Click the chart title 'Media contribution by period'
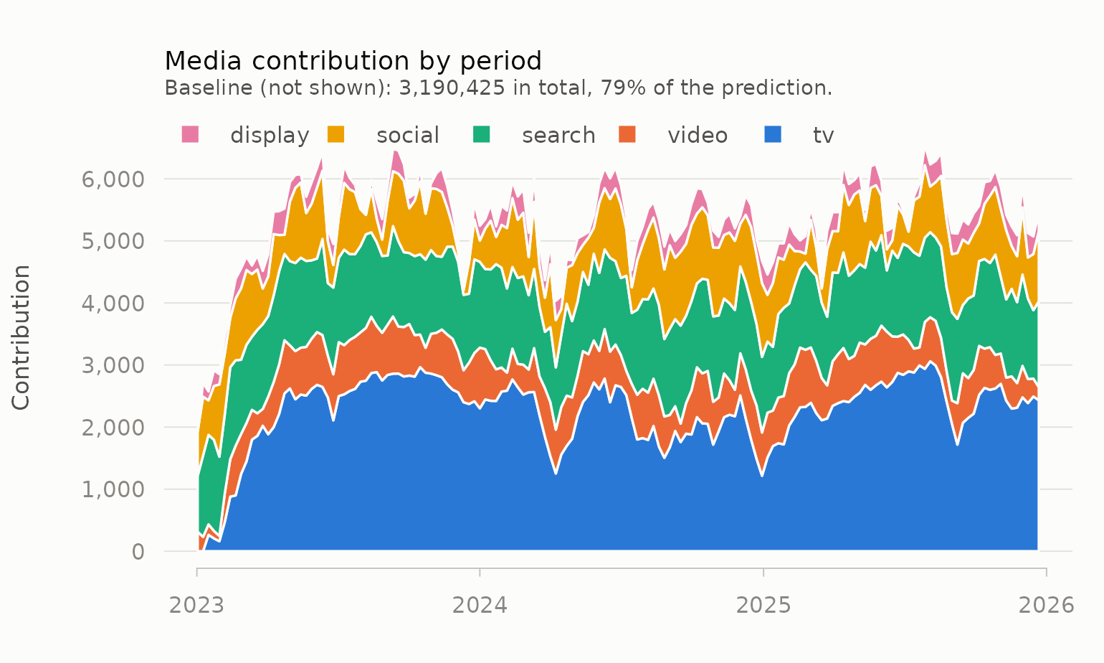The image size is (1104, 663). pos(353,62)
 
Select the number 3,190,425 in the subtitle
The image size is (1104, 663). pos(452,88)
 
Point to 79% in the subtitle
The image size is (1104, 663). pos(621,88)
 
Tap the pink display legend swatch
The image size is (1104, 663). pos(190,134)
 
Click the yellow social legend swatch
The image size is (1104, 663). pos(336,134)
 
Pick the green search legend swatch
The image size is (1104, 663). pos(482,134)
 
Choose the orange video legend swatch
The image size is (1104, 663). pos(627,134)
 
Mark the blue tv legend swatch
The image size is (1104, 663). pos(773,134)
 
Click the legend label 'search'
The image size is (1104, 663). pos(558,135)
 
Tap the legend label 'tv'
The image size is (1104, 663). pos(824,135)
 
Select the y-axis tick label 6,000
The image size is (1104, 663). pos(113,179)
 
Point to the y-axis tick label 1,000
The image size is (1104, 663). pos(113,489)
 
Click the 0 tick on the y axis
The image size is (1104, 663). pos(138,552)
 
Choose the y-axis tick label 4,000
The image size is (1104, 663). pos(113,304)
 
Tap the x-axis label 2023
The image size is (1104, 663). pos(196,606)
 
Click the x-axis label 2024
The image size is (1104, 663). pos(480,606)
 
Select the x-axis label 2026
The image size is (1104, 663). pos(1047,606)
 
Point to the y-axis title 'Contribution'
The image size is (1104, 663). pos(22,337)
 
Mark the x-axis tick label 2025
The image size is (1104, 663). pos(763,606)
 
